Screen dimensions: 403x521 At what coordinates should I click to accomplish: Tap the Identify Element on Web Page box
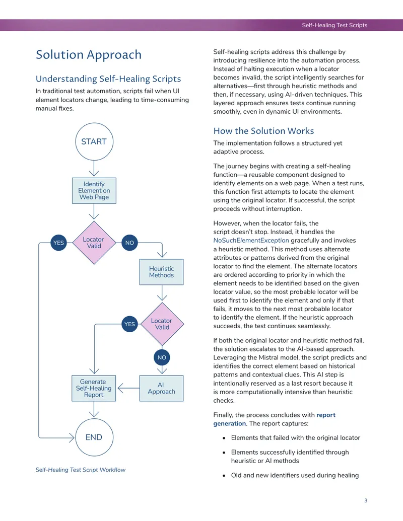pos(94,191)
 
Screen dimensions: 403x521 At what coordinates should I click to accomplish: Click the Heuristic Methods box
pos(161,272)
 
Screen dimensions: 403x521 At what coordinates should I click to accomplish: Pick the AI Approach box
pos(161,388)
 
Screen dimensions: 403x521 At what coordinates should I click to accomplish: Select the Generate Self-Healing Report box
pos(94,388)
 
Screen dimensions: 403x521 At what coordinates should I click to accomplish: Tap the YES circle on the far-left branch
pos(58,243)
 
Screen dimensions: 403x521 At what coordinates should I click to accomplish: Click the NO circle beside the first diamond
pos(129,243)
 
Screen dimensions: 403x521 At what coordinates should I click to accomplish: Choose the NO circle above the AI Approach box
pos(162,357)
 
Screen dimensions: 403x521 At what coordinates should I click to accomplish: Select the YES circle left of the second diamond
pos(129,324)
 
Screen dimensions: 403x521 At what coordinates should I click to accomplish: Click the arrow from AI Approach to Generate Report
pos(128,388)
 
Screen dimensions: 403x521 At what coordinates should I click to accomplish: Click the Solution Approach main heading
pos(89,54)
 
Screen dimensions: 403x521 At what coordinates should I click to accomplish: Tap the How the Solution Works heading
pos(263,131)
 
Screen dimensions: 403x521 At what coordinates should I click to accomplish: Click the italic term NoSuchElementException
pos(251,240)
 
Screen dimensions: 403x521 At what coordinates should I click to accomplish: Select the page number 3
pos(366,500)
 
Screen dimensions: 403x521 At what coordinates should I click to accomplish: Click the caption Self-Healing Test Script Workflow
pos(81,470)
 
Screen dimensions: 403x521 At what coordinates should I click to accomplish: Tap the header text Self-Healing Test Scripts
pos(334,25)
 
